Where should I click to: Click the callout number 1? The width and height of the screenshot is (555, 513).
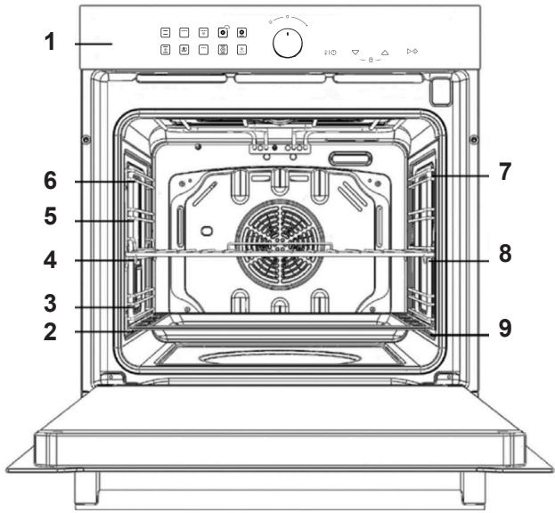tap(50, 42)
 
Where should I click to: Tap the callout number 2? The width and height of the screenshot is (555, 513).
tap(50, 332)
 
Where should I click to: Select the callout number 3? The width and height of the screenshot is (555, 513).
tap(50, 304)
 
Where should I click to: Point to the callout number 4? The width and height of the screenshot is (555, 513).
tap(50, 260)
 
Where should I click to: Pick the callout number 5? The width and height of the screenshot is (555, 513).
tap(50, 216)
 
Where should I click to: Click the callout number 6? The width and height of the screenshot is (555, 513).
tap(50, 181)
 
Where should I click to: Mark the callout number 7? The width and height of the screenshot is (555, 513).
tap(505, 172)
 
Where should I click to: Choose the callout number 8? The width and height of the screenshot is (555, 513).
tap(505, 254)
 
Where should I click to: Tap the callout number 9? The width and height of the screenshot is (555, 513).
tap(505, 328)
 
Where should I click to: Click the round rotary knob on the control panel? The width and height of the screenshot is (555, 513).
tap(288, 44)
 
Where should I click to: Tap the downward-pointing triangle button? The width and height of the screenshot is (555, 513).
tap(355, 53)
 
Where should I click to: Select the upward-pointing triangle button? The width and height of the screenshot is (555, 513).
tap(385, 53)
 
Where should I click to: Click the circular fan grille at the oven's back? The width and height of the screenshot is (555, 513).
tap(281, 243)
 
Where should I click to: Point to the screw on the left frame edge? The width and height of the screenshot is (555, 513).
tap(86, 139)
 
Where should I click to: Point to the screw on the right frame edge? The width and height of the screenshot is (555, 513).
tap(474, 139)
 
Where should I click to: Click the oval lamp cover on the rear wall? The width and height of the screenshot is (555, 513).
tap(350, 159)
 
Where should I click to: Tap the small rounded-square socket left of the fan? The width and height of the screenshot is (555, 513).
tap(207, 231)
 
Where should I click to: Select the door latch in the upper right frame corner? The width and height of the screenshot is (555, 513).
tap(441, 92)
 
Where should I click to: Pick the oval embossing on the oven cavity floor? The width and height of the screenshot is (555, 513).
tap(280, 358)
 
